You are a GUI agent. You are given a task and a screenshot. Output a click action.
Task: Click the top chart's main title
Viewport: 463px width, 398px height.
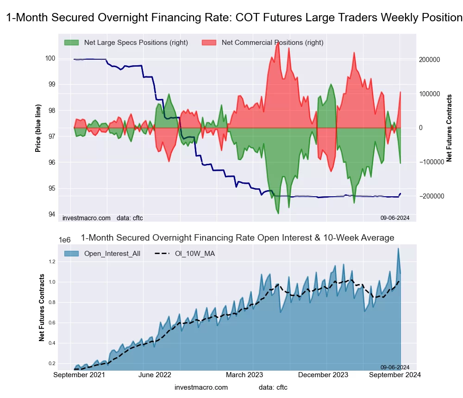234,18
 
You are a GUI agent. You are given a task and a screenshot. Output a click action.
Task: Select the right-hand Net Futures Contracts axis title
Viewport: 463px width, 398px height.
449,128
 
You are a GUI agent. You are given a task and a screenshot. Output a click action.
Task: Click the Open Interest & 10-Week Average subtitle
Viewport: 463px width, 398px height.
238,238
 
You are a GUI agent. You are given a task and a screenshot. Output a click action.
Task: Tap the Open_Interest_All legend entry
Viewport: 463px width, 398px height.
112,253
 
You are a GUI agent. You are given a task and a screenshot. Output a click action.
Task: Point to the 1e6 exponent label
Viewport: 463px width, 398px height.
65,240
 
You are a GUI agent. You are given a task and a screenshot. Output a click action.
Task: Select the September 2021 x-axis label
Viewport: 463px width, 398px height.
79,375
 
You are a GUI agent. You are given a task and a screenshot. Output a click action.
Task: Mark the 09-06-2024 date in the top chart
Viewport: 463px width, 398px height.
395,218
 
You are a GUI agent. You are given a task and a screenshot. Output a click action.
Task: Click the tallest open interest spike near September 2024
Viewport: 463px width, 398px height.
398,249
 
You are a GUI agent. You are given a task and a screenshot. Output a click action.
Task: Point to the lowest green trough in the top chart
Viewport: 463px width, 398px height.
278,213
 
